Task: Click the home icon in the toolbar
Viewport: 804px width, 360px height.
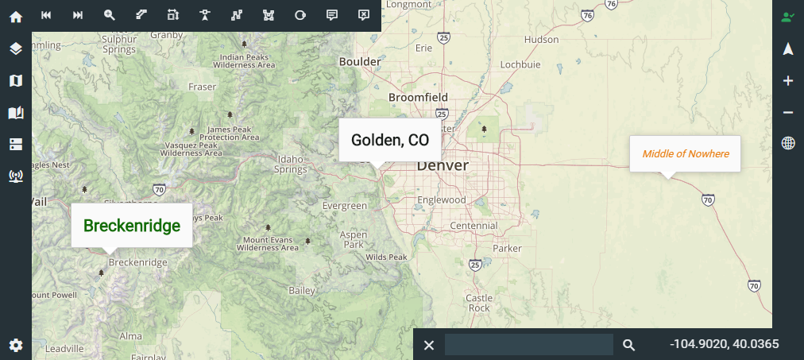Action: [16, 16]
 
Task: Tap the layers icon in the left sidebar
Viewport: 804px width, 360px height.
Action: [16, 48]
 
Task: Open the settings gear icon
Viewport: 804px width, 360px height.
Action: [16, 345]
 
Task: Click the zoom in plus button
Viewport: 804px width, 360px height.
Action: [788, 81]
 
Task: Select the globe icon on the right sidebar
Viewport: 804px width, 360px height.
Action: [788, 143]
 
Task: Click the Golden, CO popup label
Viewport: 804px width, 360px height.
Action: [390, 141]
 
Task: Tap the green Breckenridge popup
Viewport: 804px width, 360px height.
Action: [132, 226]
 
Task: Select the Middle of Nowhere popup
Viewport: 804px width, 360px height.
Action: [686, 153]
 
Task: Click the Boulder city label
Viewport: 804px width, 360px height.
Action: [360, 62]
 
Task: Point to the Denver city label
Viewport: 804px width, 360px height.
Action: [443, 165]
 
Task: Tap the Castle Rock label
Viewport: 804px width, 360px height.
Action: [479, 303]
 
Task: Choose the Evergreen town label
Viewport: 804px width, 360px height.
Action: [345, 206]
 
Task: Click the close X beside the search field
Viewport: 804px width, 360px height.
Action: [429, 345]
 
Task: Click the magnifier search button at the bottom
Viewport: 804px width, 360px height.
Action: [628, 345]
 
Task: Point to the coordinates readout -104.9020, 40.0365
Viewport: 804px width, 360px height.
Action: [724, 344]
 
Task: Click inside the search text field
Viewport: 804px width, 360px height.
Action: [528, 345]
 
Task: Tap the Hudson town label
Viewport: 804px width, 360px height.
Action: [542, 39]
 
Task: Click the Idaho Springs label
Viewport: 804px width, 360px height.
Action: [290, 164]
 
